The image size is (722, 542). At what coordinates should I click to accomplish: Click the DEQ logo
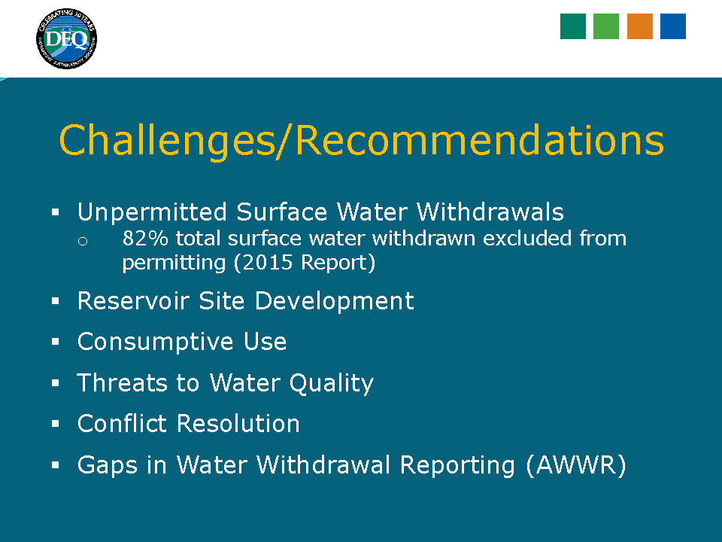(66, 38)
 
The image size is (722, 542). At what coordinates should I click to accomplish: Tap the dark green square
(573, 26)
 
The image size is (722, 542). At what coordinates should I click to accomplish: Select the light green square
(606, 26)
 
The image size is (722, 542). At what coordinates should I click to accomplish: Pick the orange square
(639, 26)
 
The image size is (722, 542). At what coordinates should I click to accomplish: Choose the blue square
(672, 26)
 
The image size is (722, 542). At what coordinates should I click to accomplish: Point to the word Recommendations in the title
(480, 140)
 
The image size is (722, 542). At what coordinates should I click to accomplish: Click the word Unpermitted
(152, 212)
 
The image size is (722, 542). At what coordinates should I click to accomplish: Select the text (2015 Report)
(305, 263)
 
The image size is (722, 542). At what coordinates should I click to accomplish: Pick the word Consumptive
(155, 343)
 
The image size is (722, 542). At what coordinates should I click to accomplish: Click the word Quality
(331, 383)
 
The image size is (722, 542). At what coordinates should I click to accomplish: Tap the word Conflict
(122, 423)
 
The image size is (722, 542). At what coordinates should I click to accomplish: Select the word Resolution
(238, 423)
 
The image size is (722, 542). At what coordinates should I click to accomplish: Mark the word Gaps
(108, 465)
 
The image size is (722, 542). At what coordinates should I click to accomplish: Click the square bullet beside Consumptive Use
(56, 342)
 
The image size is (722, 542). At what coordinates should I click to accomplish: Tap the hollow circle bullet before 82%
(83, 241)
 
